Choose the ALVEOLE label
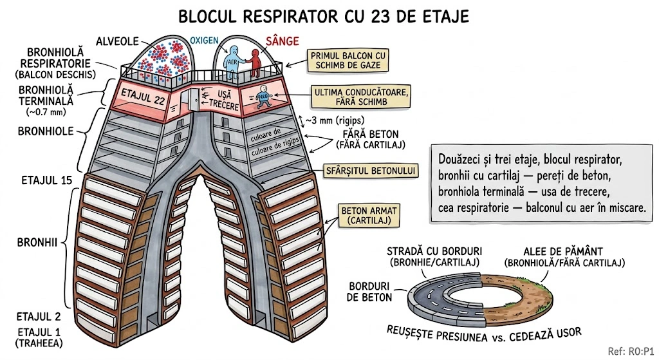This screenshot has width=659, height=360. click(118, 42)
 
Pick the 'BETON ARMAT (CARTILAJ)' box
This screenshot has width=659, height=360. click(362, 215)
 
